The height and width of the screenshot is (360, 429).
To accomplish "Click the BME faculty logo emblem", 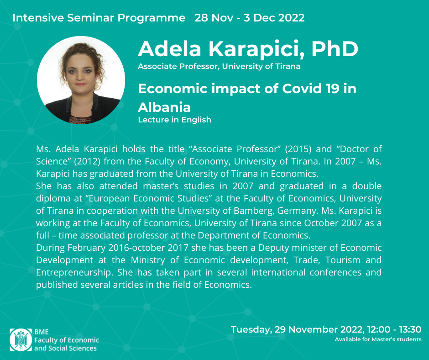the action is click(x=21, y=340).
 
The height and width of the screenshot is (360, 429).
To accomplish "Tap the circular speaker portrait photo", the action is click(x=81, y=80).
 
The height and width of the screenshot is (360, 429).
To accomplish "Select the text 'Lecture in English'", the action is click(x=174, y=120).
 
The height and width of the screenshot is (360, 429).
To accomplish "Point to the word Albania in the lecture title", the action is click(x=164, y=107).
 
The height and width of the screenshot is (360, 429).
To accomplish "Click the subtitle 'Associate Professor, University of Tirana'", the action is click(x=219, y=67).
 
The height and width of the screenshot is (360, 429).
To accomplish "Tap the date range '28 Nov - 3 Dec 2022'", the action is click(x=250, y=18).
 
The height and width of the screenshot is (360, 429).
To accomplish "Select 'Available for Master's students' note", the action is click(x=378, y=339).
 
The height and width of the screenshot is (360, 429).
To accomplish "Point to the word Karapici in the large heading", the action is click(x=256, y=50).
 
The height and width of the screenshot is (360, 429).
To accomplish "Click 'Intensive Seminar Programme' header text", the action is click(x=99, y=18).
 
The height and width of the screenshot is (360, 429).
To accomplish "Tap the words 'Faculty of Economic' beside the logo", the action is click(x=67, y=340).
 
